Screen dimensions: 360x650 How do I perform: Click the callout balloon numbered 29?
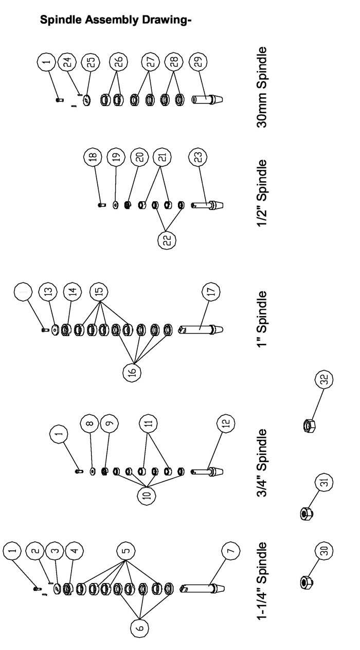[x=198, y=62]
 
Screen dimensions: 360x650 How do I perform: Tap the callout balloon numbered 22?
[x=167, y=240]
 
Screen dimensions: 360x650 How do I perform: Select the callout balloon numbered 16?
[x=132, y=373]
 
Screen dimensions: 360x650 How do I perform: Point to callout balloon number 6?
[x=139, y=628]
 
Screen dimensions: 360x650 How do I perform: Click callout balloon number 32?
[x=324, y=379]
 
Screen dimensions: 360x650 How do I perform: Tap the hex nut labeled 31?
[x=307, y=514]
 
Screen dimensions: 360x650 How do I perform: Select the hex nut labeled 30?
[x=307, y=582]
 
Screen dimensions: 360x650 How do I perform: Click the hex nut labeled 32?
[x=309, y=426]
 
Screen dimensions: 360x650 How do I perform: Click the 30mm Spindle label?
[x=261, y=87]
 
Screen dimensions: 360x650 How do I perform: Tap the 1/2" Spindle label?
[x=261, y=193]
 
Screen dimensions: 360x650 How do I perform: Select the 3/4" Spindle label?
[x=261, y=463]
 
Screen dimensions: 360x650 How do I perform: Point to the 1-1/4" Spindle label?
[x=261, y=581]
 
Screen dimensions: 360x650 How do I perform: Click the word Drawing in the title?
[x=167, y=20]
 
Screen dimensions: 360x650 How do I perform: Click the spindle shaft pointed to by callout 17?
[x=201, y=329]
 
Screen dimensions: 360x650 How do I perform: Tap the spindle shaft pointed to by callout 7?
[x=202, y=589]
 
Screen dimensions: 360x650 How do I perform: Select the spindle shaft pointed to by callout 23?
[x=207, y=205]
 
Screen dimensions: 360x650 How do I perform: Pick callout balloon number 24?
[x=67, y=62]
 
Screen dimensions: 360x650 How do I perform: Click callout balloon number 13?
[x=48, y=291]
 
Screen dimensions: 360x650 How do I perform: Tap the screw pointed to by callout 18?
[x=101, y=205]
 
